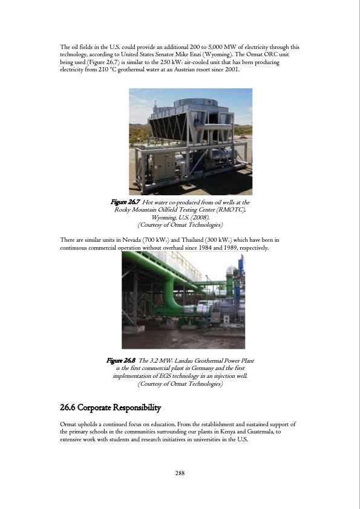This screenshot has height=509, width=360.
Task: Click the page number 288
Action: click(180, 473)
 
